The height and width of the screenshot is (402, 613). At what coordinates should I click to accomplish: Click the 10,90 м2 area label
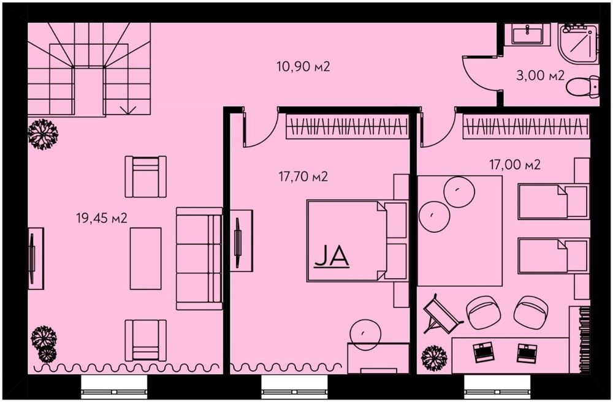[x=303, y=66]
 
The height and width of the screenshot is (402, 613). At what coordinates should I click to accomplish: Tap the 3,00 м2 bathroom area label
[x=540, y=75]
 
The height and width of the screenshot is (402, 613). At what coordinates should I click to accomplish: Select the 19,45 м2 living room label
[x=102, y=218]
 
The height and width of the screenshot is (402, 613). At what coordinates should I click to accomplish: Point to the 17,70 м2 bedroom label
[x=303, y=176]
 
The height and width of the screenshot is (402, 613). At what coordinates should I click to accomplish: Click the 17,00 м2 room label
[x=515, y=164]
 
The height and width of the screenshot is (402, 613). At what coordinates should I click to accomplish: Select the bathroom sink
[x=527, y=33]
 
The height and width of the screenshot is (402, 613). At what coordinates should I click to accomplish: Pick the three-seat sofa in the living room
[x=199, y=258]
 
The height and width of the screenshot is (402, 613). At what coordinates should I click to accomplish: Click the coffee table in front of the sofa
[x=145, y=258]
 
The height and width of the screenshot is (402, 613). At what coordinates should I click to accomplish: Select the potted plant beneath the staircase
[x=43, y=134]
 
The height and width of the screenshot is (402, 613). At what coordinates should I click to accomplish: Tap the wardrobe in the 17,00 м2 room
[x=526, y=126]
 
